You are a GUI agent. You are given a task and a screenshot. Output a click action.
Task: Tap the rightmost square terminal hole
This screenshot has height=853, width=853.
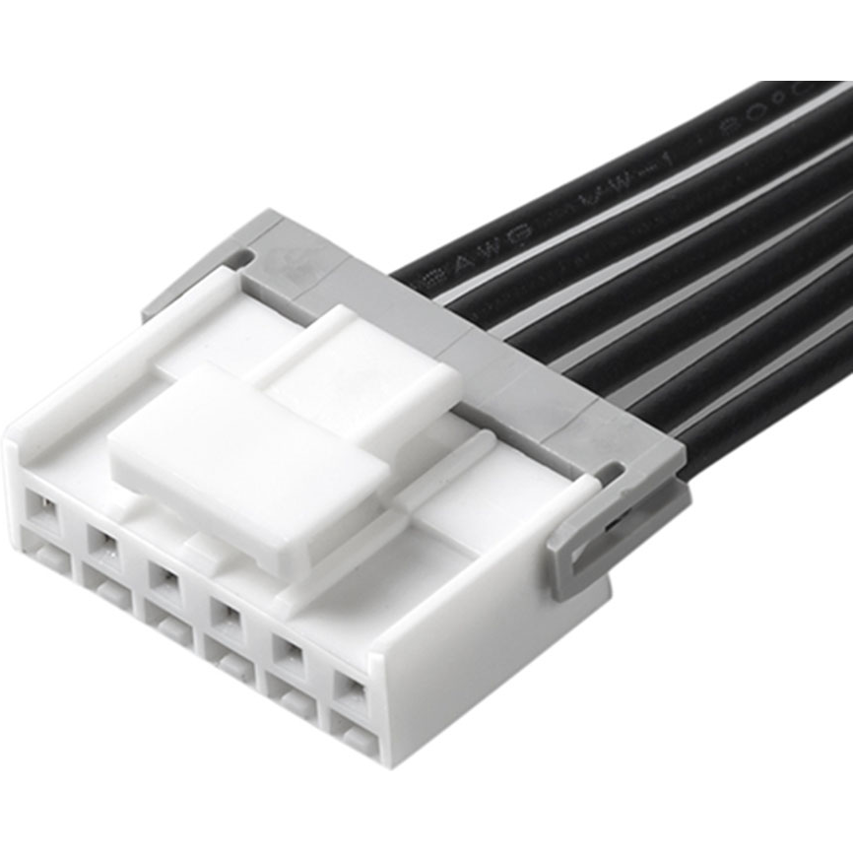[348, 692]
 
